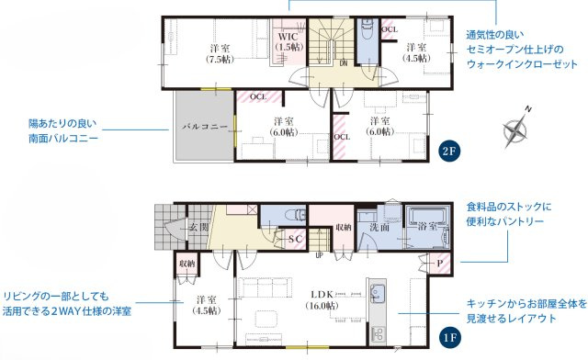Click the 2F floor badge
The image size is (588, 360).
pyautogui.click(x=448, y=152)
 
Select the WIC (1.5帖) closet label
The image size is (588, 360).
pyautogui.click(x=289, y=42)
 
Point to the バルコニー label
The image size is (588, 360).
pyautogui.click(x=205, y=127)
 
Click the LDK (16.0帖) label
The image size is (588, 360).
pyautogui.click(x=322, y=299)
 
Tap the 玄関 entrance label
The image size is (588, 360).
pyautogui.click(x=198, y=227)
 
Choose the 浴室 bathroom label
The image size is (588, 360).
pyautogui.click(x=427, y=226)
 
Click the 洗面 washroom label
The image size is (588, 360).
pyautogui.click(x=379, y=227)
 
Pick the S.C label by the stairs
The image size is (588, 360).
pyautogui.click(x=295, y=239)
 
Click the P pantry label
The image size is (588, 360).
pyautogui.click(x=440, y=264)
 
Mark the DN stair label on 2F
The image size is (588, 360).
pyautogui.click(x=344, y=63)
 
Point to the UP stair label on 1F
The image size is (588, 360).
pyautogui.click(x=319, y=255)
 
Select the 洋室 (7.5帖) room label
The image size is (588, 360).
pyautogui.click(x=220, y=53)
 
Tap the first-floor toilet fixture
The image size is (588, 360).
pyautogui.click(x=295, y=215)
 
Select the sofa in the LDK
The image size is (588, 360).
pyautogui.click(x=266, y=287)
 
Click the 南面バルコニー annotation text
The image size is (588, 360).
pyautogui.click(x=63, y=139)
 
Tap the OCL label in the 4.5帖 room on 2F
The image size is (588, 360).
pyautogui.click(x=390, y=29)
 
